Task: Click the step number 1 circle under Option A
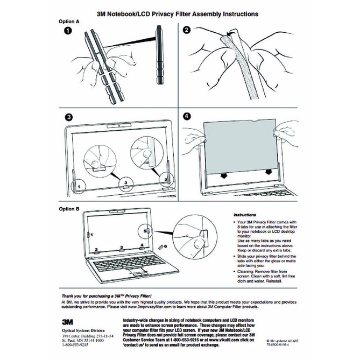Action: pyautogui.click(x=68, y=31)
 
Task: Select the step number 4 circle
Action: pyautogui.click(x=187, y=116)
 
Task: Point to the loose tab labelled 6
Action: pyautogui.click(x=160, y=245)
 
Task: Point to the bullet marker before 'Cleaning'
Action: pyautogui.click(x=235, y=272)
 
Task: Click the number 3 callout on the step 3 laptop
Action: pyautogui.click(x=125, y=183)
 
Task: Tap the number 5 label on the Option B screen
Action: pyautogui.click(x=145, y=230)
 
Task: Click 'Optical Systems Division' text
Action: pyautogui.click(x=80, y=331)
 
